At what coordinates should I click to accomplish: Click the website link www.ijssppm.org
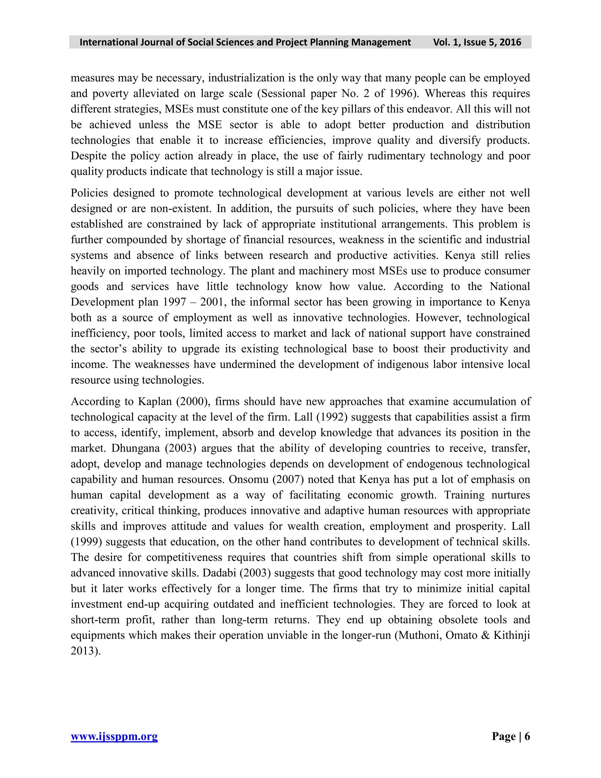point(114,736)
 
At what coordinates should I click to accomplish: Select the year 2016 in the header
point(510,42)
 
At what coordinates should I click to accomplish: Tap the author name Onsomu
point(249,480)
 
